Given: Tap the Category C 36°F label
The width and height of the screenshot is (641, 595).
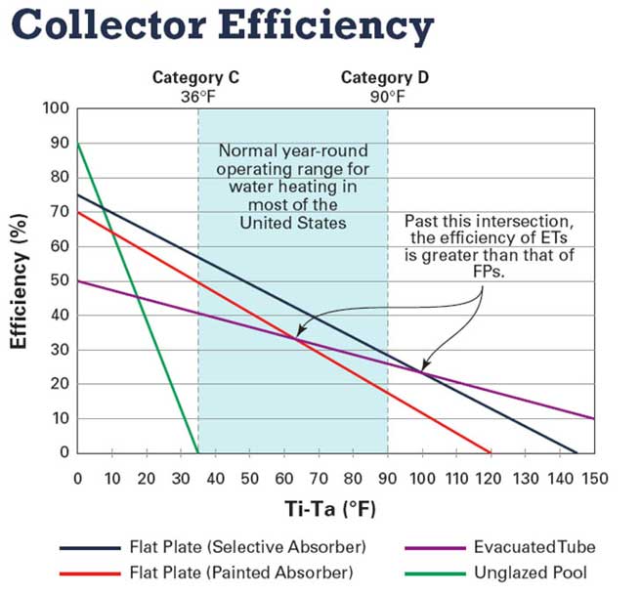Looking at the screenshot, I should click(196, 86).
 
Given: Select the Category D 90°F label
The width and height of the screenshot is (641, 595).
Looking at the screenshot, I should click(384, 86).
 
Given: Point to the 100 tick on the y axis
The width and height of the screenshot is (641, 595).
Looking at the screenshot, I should click(58, 107).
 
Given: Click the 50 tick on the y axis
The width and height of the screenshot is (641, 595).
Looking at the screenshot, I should click(61, 280).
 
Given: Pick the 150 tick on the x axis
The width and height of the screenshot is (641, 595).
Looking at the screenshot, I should click(594, 478).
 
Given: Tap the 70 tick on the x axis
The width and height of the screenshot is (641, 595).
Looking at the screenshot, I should click(319, 478).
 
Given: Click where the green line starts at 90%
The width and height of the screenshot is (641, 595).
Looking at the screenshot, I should click(78, 144).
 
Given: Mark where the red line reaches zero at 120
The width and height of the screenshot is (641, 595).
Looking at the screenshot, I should click(491, 452).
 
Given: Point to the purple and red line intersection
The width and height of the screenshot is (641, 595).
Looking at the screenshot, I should click(296, 338).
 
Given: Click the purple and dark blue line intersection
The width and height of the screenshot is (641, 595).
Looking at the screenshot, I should click(422, 372).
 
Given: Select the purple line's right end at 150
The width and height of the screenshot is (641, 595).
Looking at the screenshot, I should click(594, 418).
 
